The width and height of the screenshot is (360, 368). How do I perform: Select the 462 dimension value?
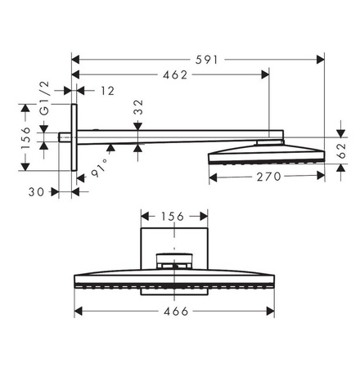173,75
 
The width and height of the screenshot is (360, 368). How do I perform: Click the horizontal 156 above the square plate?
173,217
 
